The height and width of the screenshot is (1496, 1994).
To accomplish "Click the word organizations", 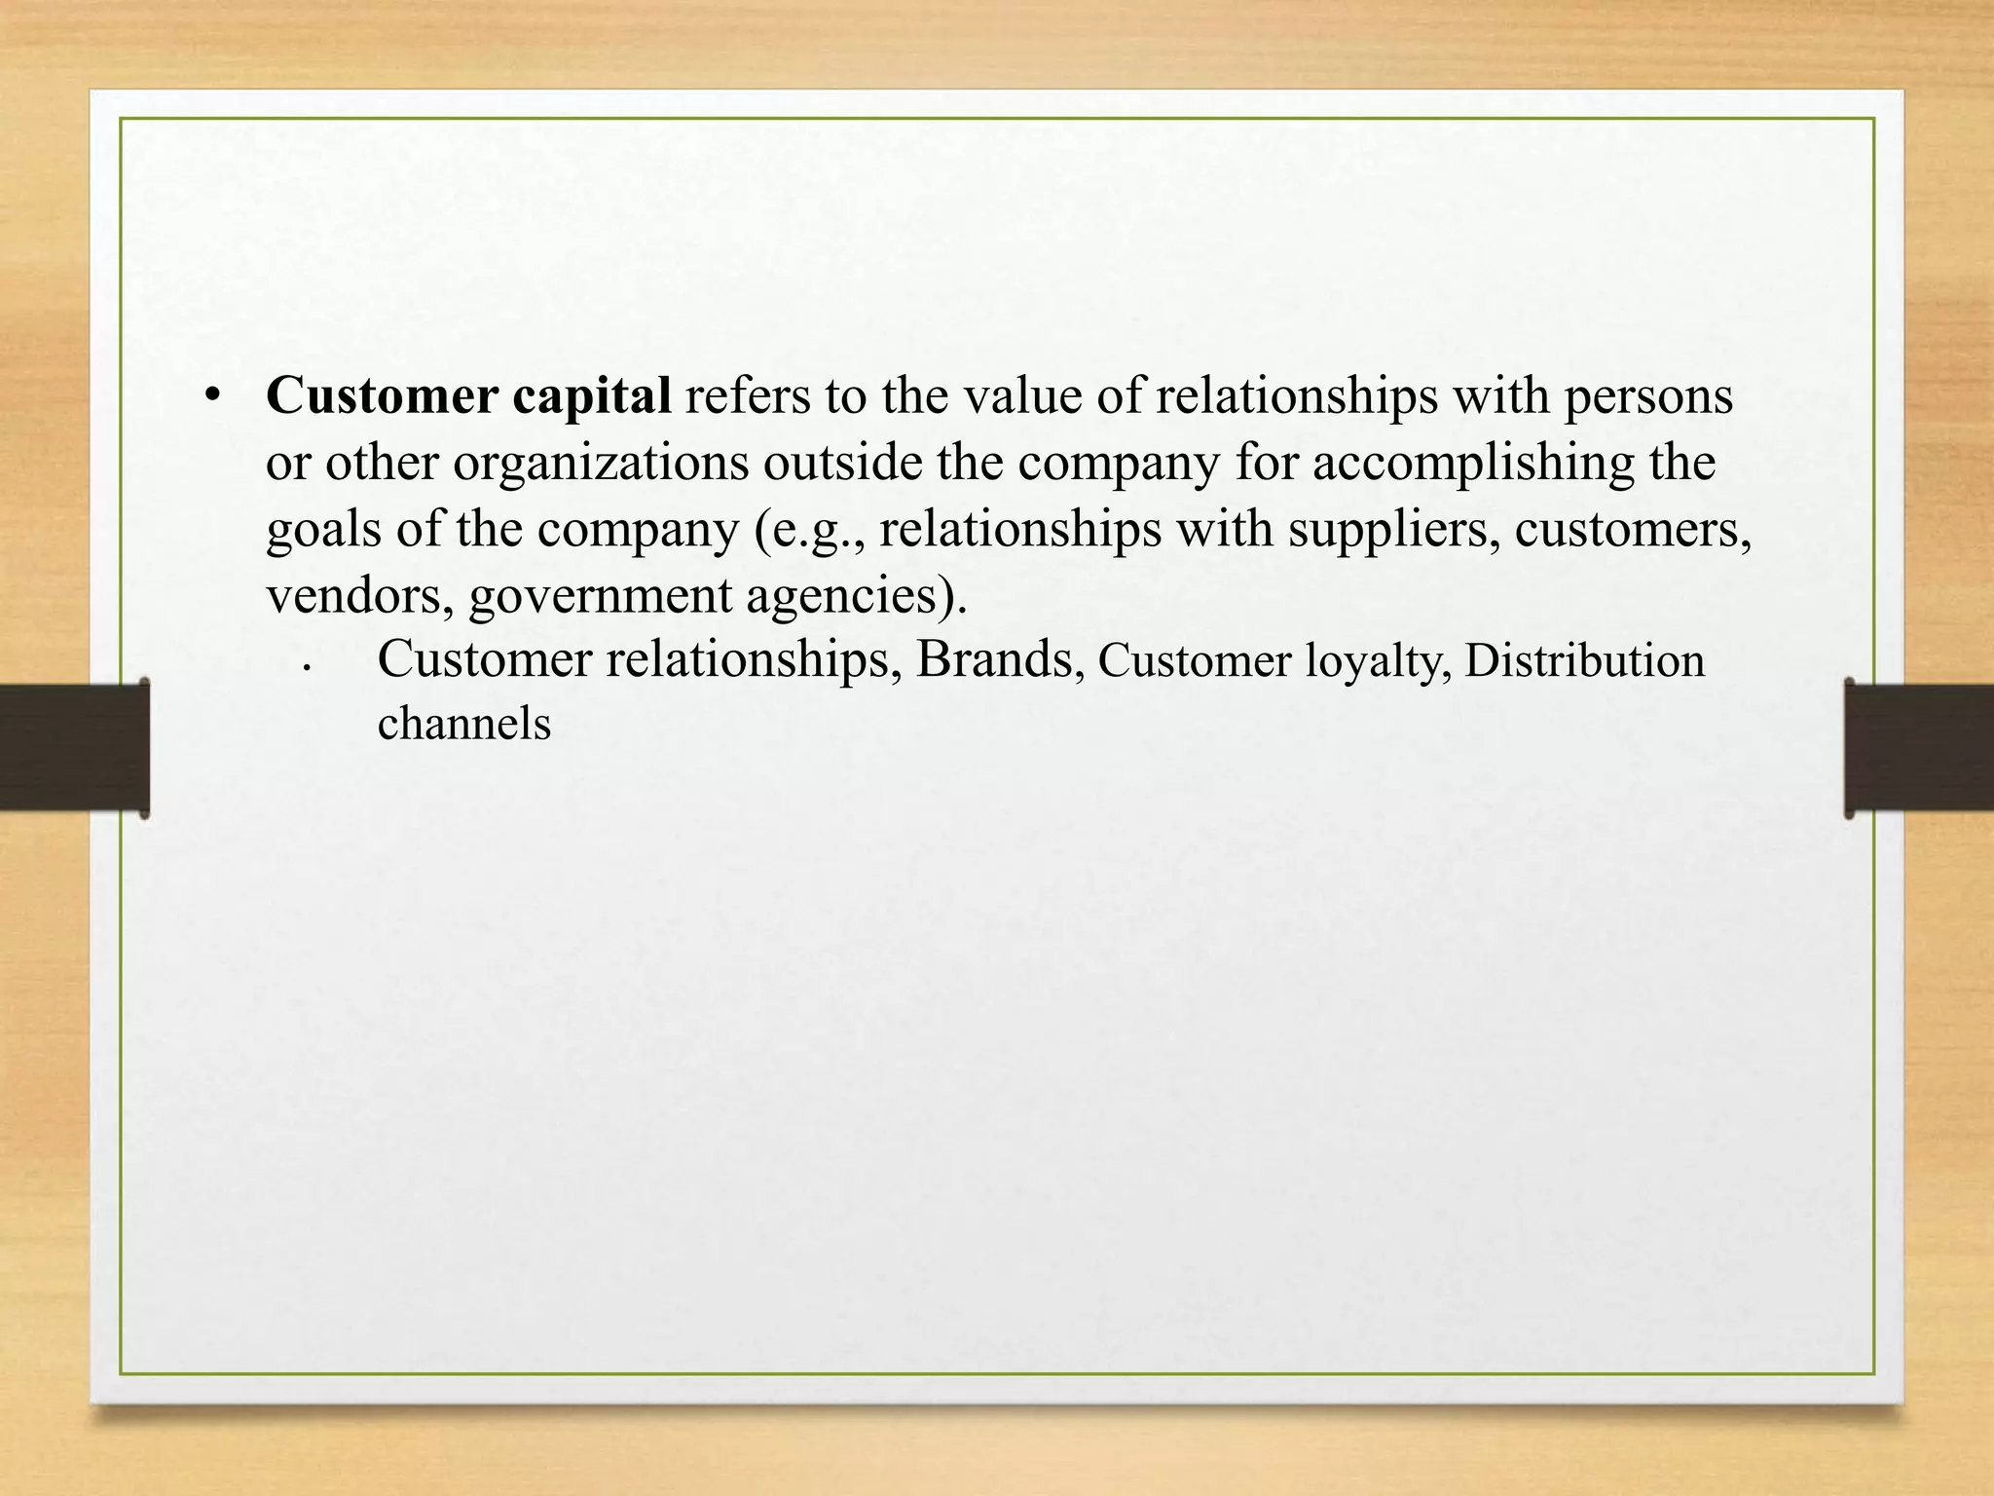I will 601,465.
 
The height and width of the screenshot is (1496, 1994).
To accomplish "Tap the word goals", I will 322,531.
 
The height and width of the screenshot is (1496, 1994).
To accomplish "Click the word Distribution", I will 1584,661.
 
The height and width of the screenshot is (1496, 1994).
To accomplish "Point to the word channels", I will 463,725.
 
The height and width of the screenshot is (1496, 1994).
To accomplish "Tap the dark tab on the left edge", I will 74,747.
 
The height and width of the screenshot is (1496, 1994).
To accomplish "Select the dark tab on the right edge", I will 1918,747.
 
